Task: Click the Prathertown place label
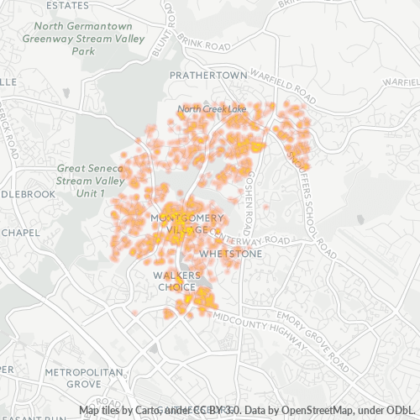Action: [x=208, y=75]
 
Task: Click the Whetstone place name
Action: [x=230, y=253]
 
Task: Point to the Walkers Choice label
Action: [x=176, y=281]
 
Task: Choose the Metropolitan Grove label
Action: [x=72, y=377]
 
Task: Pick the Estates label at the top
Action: [x=70, y=5]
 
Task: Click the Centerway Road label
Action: [x=260, y=240]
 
